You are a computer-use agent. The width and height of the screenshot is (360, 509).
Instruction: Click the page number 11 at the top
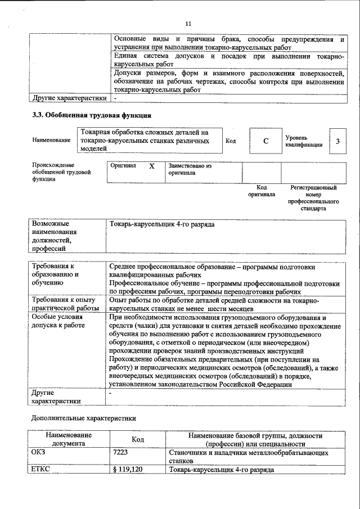[188, 23]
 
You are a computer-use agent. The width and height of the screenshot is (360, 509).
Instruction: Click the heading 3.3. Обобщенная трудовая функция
[91, 116]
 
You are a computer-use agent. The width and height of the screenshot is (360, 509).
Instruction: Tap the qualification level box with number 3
[337, 141]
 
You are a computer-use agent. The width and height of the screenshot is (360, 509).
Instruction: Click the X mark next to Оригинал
[151, 167]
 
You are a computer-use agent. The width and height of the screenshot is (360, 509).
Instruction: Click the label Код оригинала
[262, 191]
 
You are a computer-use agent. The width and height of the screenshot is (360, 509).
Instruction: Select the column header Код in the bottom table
[138, 439]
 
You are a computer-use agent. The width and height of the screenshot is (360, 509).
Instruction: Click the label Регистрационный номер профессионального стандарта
[313, 197]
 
